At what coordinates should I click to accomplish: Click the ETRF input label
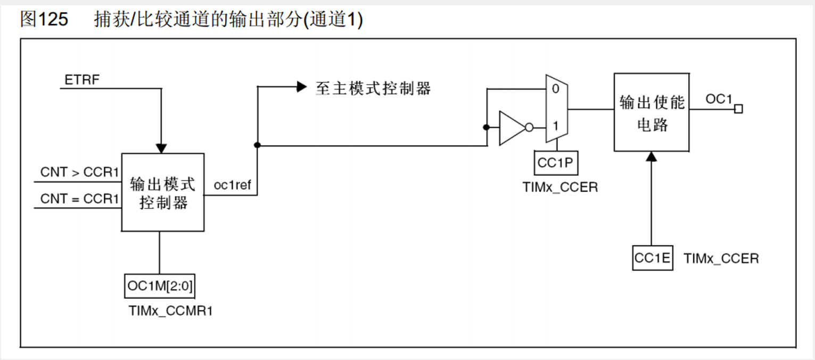(x=82, y=80)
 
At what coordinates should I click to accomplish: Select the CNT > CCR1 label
(x=79, y=173)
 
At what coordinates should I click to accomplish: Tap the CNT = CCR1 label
(x=79, y=199)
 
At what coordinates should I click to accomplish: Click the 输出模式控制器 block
(x=163, y=192)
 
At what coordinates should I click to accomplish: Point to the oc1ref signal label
(x=232, y=185)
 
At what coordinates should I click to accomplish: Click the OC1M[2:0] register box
(x=159, y=288)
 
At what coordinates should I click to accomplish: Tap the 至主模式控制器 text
(x=373, y=88)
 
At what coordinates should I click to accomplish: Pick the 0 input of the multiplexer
(x=555, y=89)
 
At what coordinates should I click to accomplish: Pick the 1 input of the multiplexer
(x=555, y=127)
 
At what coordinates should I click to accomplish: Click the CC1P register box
(x=555, y=163)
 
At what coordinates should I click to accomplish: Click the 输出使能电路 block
(x=652, y=113)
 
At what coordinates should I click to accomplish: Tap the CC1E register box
(x=652, y=258)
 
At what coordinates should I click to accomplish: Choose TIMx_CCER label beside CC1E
(x=721, y=259)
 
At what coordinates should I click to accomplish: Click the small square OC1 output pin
(x=738, y=109)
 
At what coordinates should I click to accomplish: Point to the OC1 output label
(x=719, y=99)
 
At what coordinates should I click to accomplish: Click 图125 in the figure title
(x=44, y=20)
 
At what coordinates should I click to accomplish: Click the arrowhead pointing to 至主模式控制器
(x=302, y=87)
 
